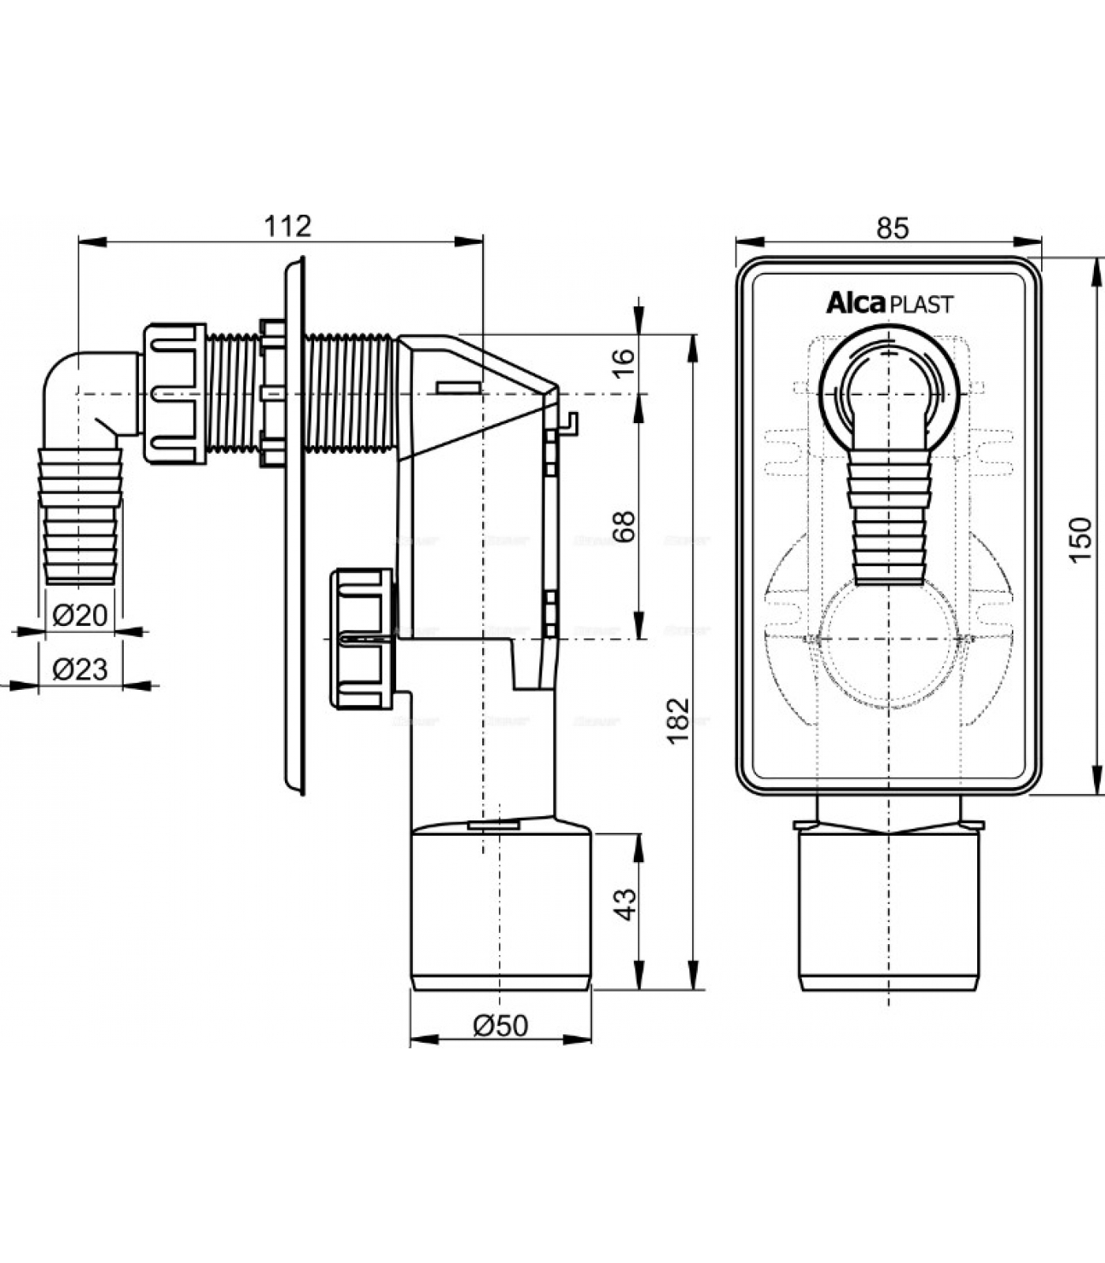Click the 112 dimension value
tap(287, 227)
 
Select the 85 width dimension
tap(892, 228)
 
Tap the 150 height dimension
tap(1081, 539)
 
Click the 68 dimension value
tap(624, 527)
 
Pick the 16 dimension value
tap(624, 364)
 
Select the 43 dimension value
tap(624, 903)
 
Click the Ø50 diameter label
tap(500, 1025)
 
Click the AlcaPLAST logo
tap(889, 303)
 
